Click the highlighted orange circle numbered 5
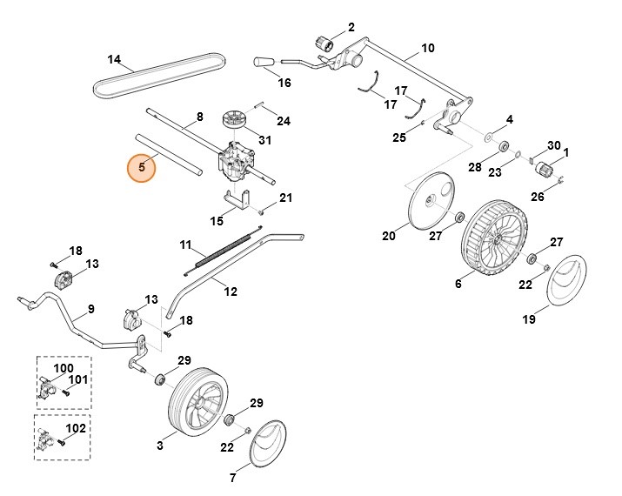(x=141, y=167)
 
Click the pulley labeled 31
(x=236, y=118)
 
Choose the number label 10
(x=427, y=48)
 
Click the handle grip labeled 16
(x=264, y=62)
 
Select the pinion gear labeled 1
(x=546, y=169)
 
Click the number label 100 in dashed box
(x=64, y=368)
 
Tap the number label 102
(x=76, y=428)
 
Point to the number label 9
(x=91, y=309)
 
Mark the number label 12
(x=231, y=292)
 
